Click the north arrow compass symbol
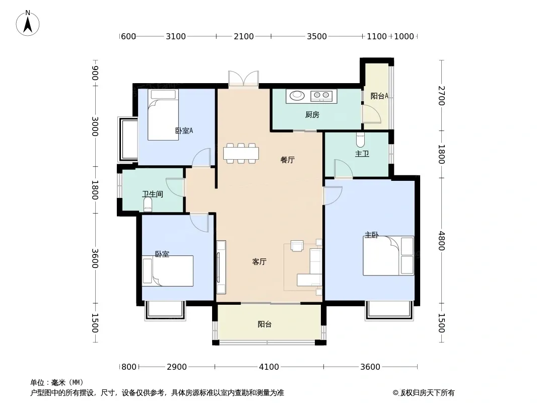(x=28, y=23)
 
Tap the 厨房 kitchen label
(x=312, y=115)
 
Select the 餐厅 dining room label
(x=287, y=160)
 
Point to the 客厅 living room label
(x=259, y=261)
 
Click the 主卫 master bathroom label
(x=362, y=154)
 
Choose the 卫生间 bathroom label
(x=153, y=194)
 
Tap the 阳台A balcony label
(x=379, y=96)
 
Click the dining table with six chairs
(x=241, y=153)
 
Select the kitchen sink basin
(x=297, y=95)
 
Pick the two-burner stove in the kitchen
(x=321, y=96)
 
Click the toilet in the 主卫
(x=360, y=140)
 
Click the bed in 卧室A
(x=163, y=115)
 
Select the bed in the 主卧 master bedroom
(x=388, y=255)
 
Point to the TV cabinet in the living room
(x=221, y=267)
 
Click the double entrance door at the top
(x=243, y=79)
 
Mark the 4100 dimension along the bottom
(x=269, y=367)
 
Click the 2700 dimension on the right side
(x=441, y=96)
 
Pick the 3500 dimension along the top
(x=317, y=36)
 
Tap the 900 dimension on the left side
(x=95, y=73)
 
